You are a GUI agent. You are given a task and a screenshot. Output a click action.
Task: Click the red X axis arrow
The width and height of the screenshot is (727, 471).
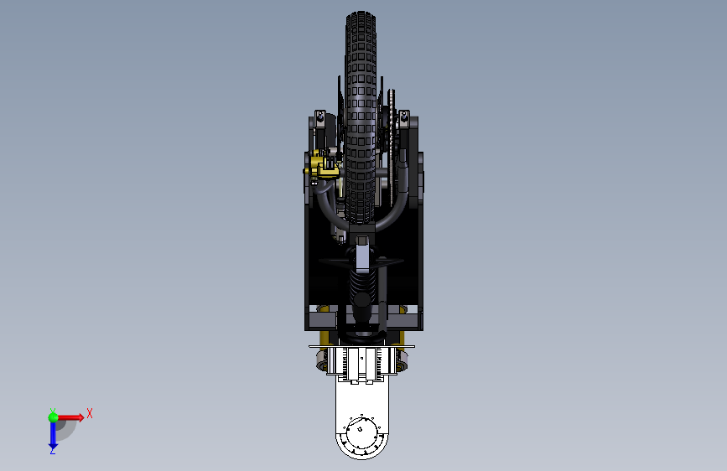click(70, 417)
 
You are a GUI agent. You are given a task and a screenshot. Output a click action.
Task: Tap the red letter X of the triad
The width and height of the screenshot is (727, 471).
click(90, 413)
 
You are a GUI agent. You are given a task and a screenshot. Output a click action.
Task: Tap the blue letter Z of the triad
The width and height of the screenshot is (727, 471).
click(53, 451)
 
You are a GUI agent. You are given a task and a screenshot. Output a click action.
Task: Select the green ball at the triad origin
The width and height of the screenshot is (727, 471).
click(54, 417)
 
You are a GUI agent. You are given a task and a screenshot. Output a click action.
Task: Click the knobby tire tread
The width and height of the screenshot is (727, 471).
click(361, 116)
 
